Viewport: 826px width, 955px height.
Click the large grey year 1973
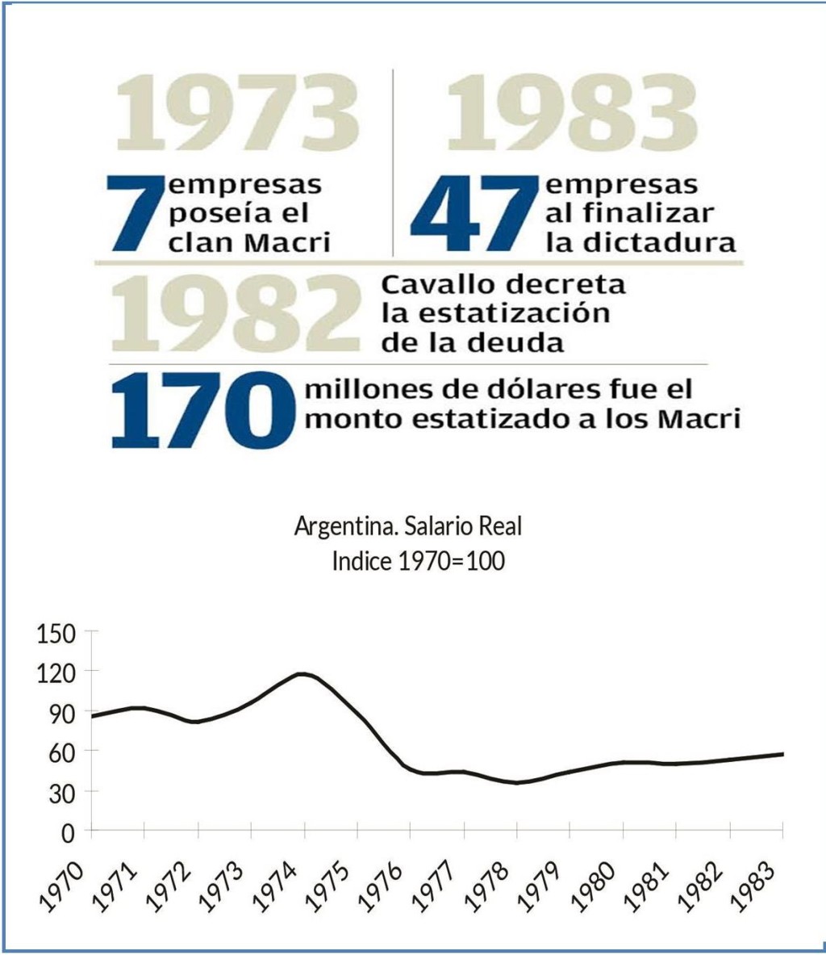[237, 114]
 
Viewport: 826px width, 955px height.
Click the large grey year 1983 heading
[572, 114]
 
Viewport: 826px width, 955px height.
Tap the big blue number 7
[135, 212]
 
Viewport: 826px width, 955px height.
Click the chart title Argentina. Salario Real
[408, 527]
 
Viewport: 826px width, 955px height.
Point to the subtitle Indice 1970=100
[418, 561]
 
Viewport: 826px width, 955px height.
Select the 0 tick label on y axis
[69, 831]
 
